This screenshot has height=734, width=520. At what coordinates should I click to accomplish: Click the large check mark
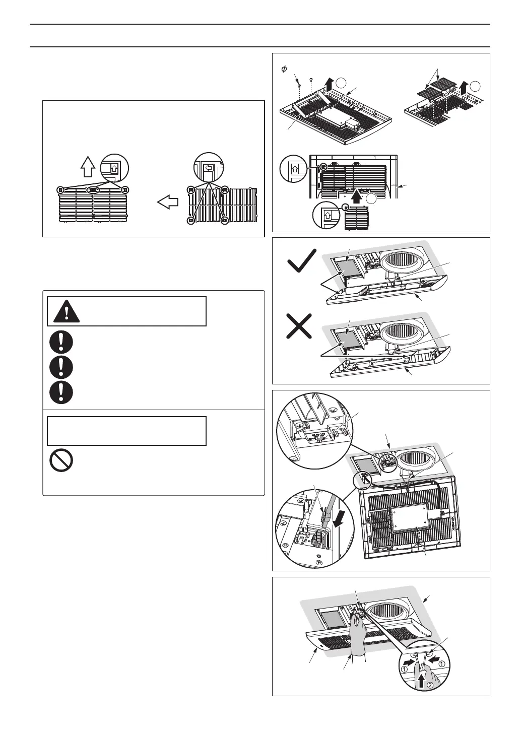coord(301,262)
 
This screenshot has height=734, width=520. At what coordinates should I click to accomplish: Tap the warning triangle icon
coord(66,311)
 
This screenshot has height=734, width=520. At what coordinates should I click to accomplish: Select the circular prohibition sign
coord(61,460)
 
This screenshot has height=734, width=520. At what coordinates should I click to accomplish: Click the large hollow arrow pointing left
coord(168,203)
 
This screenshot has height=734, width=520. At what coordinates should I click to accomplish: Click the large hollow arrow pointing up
coord(87,165)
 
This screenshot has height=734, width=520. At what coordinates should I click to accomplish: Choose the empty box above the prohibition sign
coord(126,431)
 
